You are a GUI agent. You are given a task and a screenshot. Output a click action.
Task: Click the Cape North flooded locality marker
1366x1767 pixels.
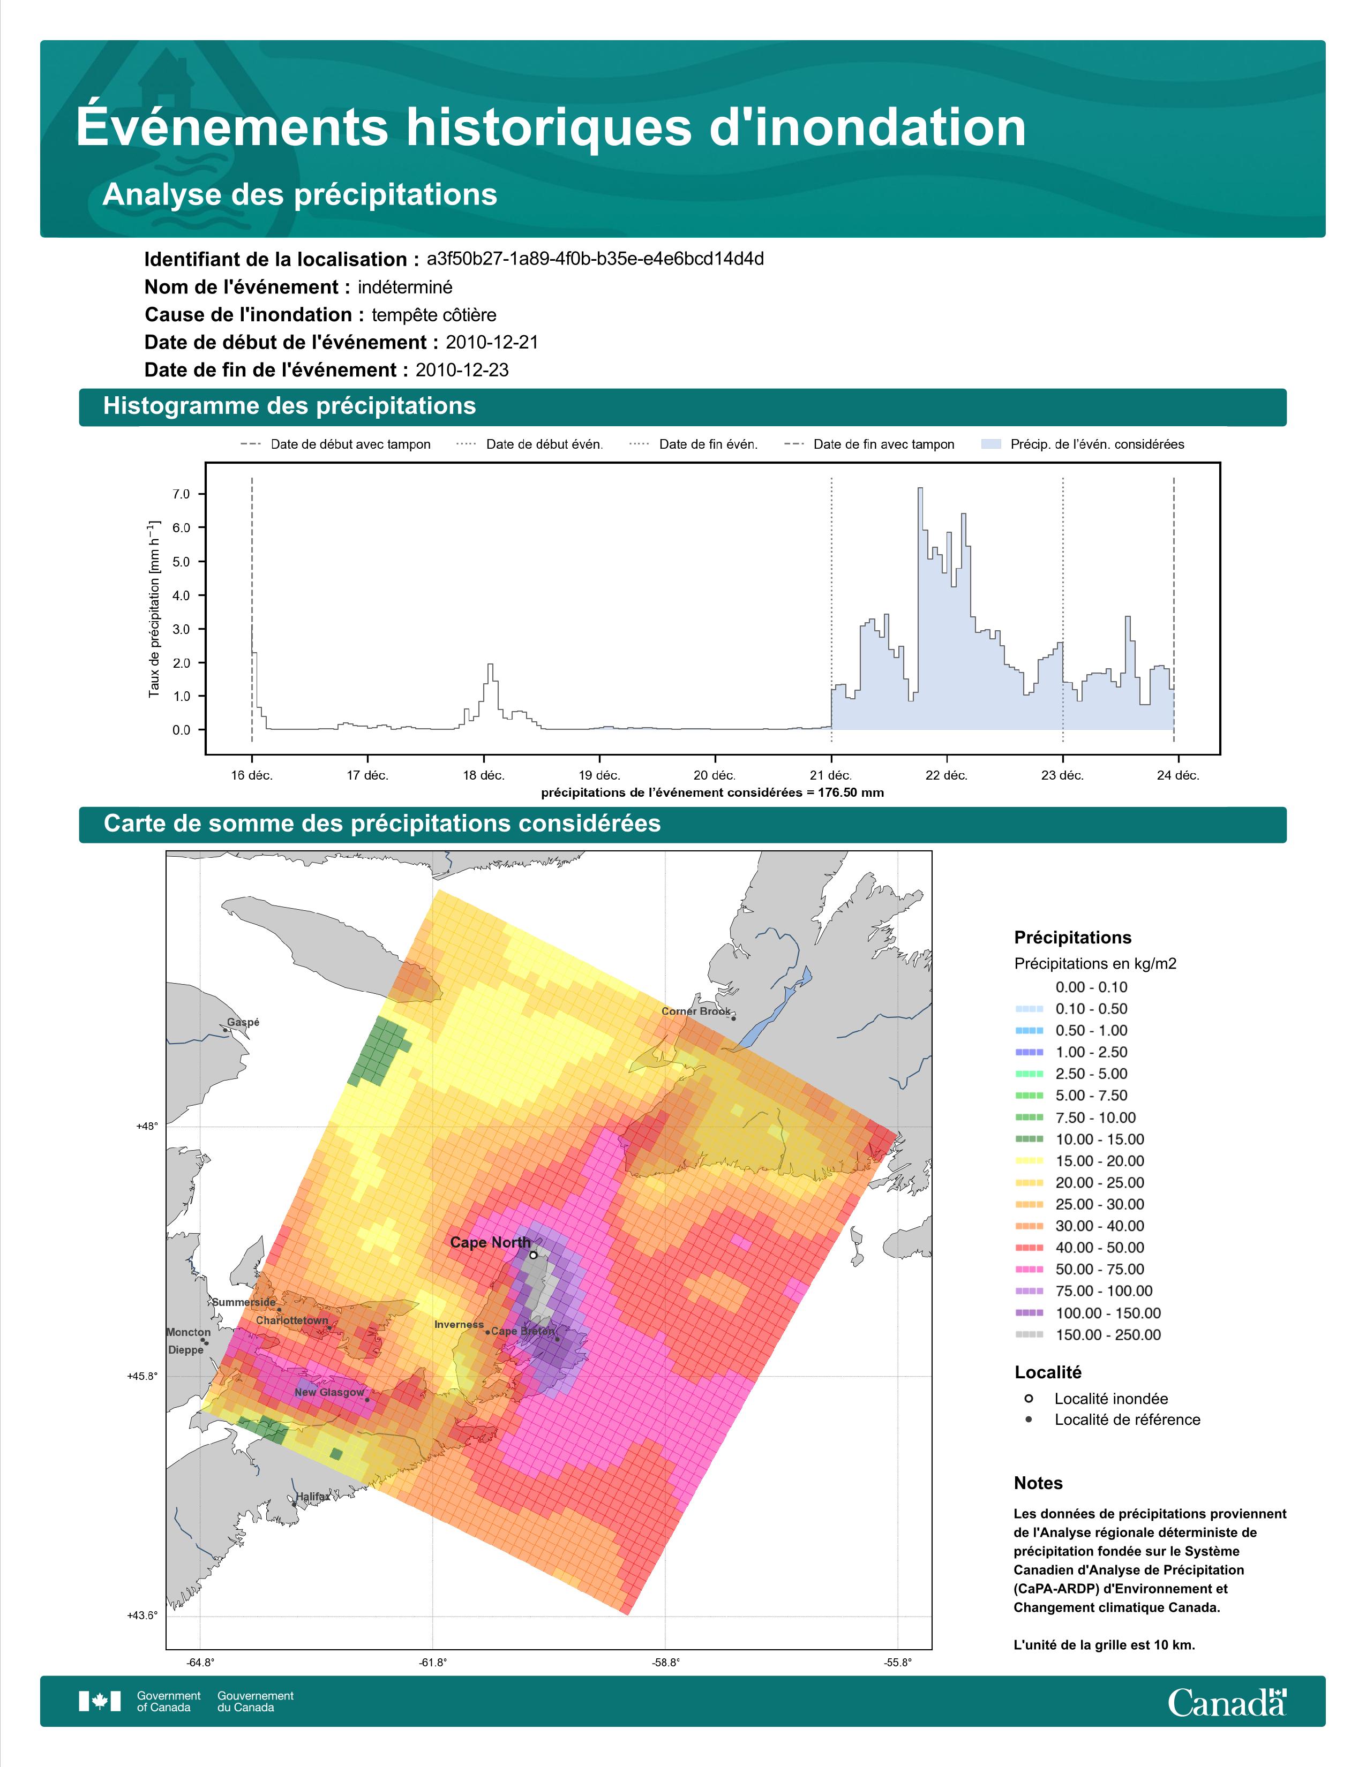[x=534, y=1255]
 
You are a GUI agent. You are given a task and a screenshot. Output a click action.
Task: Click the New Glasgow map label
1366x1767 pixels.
[x=329, y=1392]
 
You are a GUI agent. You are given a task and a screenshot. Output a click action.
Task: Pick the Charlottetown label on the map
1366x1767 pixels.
[x=292, y=1320]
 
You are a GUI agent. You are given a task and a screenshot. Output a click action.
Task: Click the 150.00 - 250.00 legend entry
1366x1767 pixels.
[x=1087, y=1335]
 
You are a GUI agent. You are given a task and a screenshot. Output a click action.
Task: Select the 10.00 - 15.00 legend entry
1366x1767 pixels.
[x=1079, y=1139]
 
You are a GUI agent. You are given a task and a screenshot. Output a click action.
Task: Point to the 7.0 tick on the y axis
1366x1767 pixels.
[x=181, y=494]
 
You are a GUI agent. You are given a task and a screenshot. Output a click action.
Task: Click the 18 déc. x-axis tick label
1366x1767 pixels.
[x=483, y=775]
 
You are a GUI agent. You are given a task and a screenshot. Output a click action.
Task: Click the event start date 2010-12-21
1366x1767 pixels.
[x=492, y=342]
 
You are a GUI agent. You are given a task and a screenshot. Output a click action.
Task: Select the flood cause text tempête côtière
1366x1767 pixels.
[x=434, y=315]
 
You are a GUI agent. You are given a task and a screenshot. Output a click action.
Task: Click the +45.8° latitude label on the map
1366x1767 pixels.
[x=142, y=1376]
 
